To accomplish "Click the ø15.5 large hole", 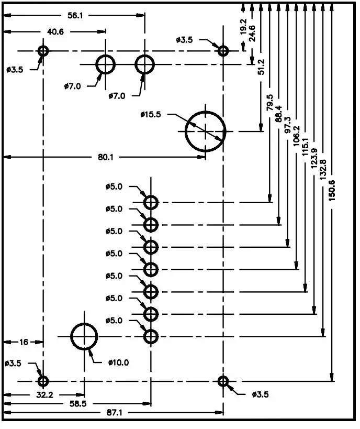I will pos(205,130).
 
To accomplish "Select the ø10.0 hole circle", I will pos(84,336).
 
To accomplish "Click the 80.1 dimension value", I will pos(105,157).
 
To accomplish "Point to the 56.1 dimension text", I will pos(75,15).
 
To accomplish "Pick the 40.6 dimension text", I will pos(55,31).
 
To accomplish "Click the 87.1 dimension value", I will pos(114,413).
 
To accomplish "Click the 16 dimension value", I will pos(24,342).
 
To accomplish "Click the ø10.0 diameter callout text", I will pos(118,362).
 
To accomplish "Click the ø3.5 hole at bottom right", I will pos(223,381).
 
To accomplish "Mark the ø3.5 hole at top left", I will pos(43,51).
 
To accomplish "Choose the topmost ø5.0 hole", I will pos(151,202).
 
